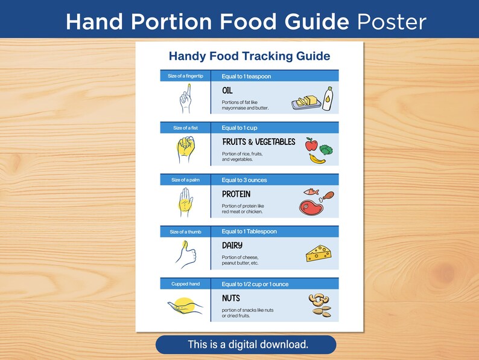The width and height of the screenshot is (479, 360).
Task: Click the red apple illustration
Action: tap(311, 144)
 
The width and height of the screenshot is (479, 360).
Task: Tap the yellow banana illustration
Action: tap(317, 158)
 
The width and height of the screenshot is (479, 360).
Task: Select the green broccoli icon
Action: tap(326, 149)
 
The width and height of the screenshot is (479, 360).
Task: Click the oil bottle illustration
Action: tap(327, 98)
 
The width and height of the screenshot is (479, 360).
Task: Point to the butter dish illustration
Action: tap(306, 101)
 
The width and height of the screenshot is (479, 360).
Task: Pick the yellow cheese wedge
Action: tap(319, 253)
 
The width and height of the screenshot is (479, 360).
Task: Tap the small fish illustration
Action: tap(311, 192)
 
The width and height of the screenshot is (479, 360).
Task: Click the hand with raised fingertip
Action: tap(185, 99)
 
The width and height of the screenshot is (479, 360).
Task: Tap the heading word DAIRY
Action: tap(232, 245)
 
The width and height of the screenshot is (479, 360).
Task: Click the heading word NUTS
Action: tap(231, 298)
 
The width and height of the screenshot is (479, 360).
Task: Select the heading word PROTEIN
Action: tap(236, 194)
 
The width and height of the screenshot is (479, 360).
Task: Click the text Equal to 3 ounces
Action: tap(244, 180)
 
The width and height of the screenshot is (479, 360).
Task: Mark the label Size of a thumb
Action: tap(185, 232)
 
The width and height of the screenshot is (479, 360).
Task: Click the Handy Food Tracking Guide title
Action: tap(249, 56)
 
